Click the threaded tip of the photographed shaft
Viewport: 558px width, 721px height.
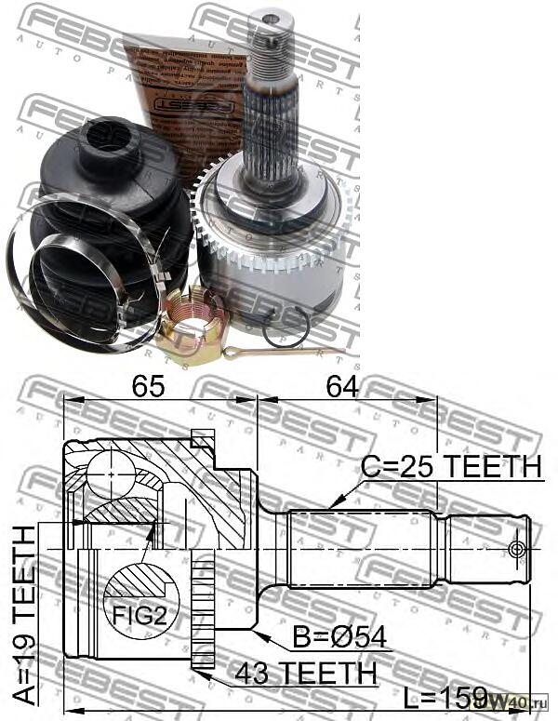pos(272,37)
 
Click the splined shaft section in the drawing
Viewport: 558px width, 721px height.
pos(362,549)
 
